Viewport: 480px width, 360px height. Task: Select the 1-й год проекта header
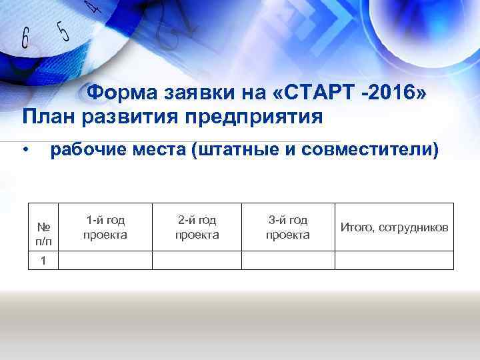(x=105, y=227)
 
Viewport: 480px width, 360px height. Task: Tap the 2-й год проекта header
(x=197, y=227)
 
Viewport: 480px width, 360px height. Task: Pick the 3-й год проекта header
(x=287, y=227)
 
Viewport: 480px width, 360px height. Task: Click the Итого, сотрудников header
(x=394, y=227)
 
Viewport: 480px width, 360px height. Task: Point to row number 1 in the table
(x=43, y=261)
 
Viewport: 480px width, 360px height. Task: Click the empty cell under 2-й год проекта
(x=197, y=261)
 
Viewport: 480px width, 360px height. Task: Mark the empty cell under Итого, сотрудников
(x=394, y=261)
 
